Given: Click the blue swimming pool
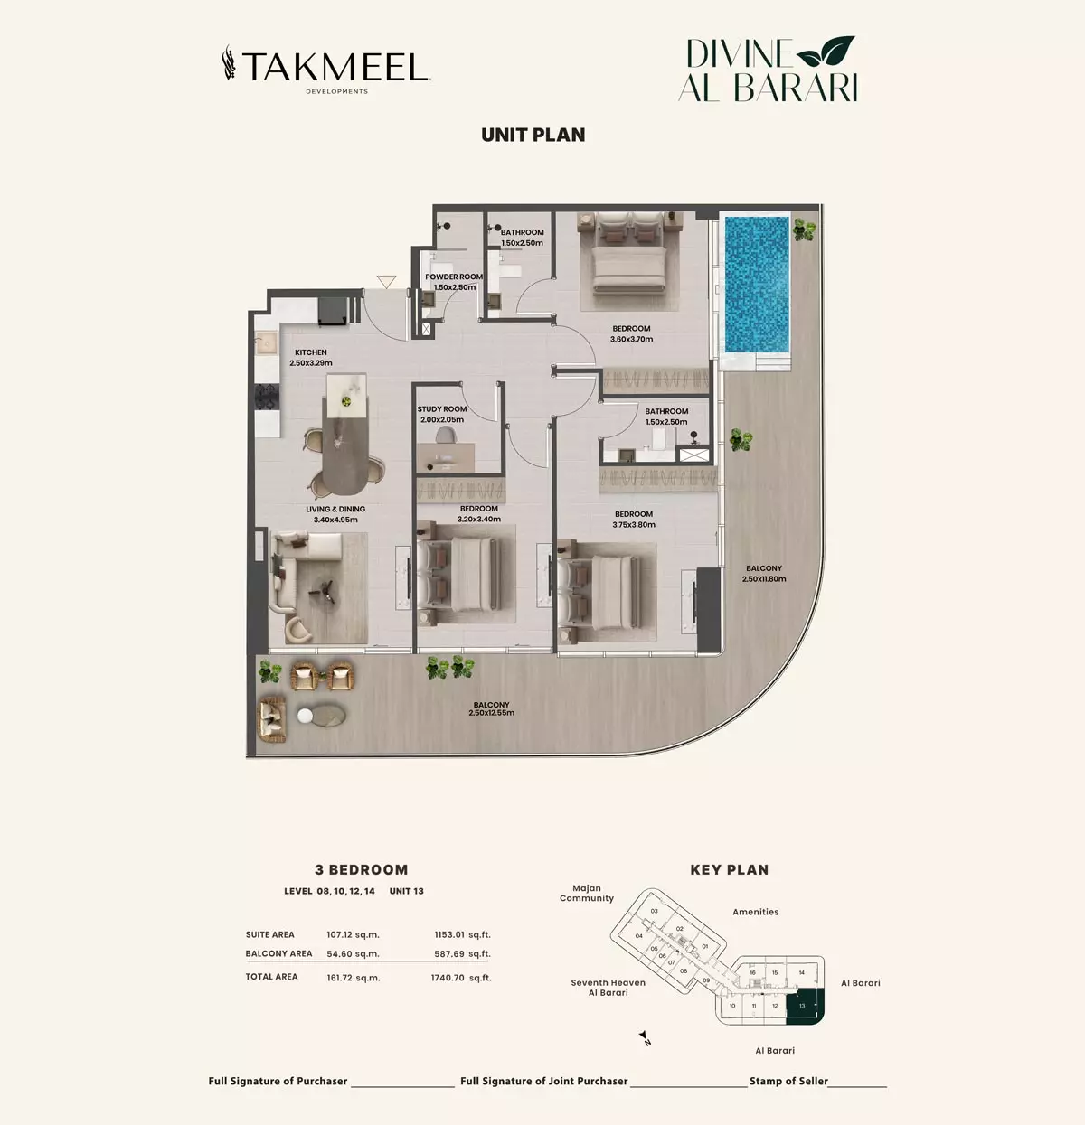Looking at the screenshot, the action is point(757,285).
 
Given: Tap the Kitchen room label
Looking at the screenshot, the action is point(310,352).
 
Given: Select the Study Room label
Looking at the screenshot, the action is point(442,408).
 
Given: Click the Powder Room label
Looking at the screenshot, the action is point(454,277).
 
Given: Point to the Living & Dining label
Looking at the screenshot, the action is point(335,510).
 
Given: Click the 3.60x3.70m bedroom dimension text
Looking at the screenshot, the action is point(632,340).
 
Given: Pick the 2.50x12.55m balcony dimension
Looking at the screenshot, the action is point(492,713).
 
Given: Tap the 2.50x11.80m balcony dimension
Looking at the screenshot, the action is point(764,578).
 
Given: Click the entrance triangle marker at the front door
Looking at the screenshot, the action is point(386,282).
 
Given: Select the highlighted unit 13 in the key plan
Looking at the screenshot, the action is point(805,1007).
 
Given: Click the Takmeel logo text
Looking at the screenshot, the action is point(335,68).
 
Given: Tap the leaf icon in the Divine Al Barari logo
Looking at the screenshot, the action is point(826,50).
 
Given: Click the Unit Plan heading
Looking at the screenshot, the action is point(533,135).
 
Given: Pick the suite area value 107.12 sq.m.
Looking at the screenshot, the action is point(353,935).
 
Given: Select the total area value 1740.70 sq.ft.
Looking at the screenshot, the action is point(461,978).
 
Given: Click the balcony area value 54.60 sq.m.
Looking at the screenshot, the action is point(353,954).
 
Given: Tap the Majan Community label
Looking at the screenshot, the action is point(587,893).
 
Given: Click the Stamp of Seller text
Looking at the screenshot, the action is point(788,1081).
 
